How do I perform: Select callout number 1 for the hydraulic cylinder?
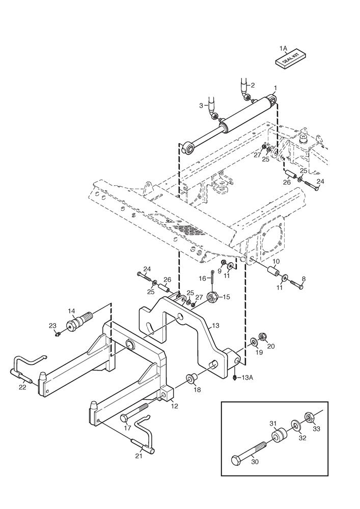[x=275, y=88]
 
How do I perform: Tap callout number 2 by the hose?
[x=201, y=105]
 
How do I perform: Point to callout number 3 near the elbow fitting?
[x=201, y=105]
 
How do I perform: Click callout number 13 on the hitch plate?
[x=215, y=325]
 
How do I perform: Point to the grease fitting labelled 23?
[x=59, y=333]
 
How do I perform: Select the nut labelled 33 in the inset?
[x=309, y=418]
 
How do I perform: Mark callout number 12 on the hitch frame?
[x=174, y=406]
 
